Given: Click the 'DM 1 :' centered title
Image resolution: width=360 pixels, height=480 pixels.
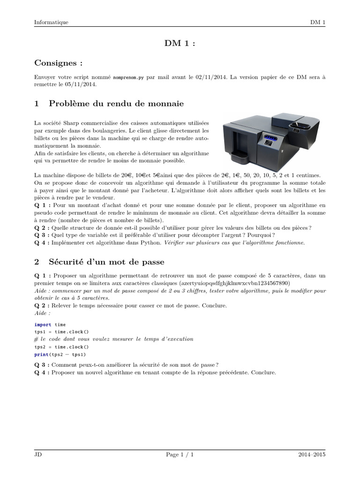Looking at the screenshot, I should pyautogui.click(x=180, y=44).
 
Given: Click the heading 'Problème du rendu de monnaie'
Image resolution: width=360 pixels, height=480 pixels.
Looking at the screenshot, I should pyautogui.click(x=116, y=103).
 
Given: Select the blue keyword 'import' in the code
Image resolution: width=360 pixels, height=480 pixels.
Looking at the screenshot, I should pyautogui.click(x=42, y=324).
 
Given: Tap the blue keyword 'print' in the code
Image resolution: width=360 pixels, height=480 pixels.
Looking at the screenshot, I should pyautogui.click(x=41, y=354).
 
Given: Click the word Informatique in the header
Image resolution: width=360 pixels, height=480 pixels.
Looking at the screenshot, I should pyautogui.click(x=51, y=22).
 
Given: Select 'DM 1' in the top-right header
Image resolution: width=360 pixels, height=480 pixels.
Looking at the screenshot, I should pyautogui.click(x=317, y=22).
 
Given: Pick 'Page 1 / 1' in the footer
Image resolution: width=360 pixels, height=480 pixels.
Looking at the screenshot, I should pyautogui.click(x=180, y=454).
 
